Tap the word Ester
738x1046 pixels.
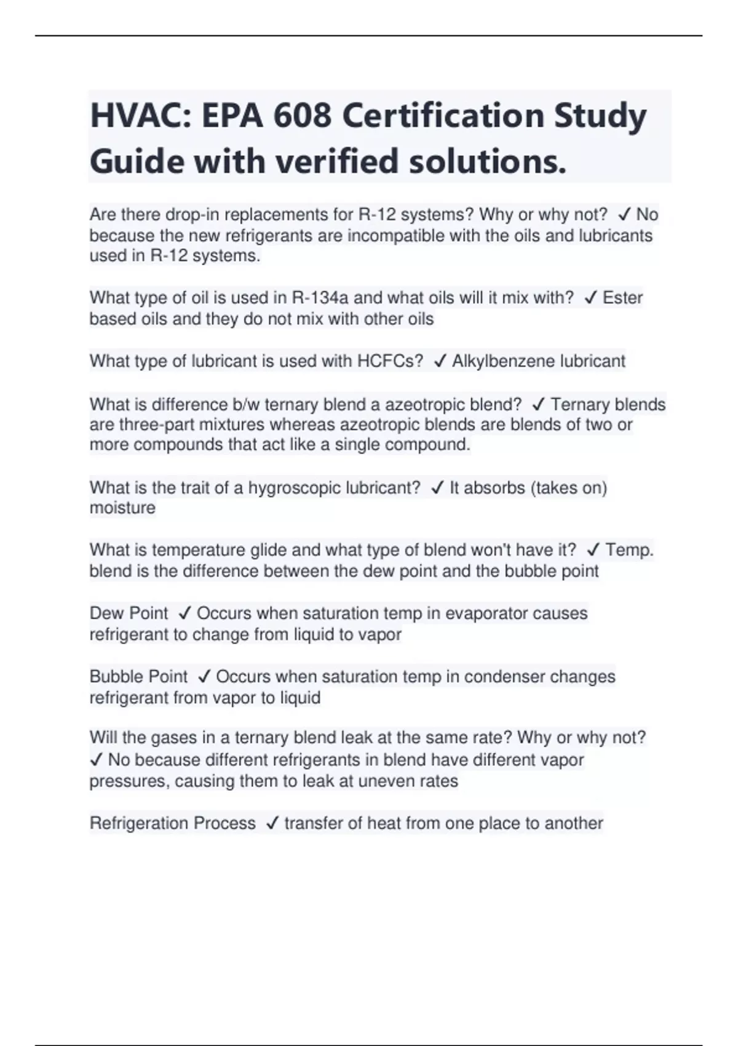click(x=622, y=298)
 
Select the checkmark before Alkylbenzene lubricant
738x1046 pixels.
click(x=439, y=362)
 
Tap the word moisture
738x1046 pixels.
click(x=122, y=508)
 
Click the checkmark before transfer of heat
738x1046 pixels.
click(x=272, y=824)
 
